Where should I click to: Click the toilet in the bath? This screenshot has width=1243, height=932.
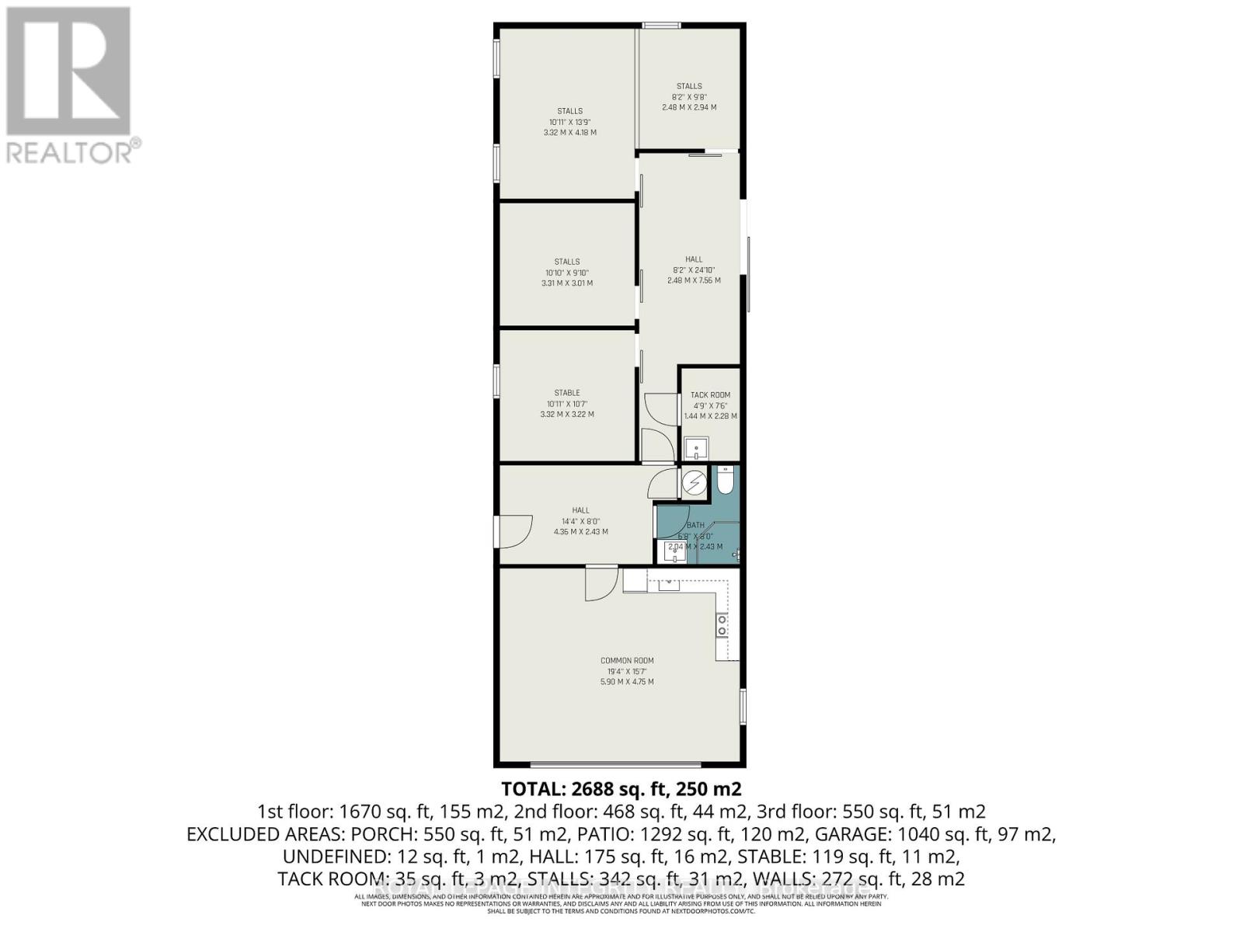723,481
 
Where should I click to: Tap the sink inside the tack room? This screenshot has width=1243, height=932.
695,448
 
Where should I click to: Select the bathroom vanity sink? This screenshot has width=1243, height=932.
672,551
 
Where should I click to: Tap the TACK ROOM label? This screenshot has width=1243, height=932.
710,395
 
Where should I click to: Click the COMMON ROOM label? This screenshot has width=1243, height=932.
627,661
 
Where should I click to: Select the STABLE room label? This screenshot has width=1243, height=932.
567,393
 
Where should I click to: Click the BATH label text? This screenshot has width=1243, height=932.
695,526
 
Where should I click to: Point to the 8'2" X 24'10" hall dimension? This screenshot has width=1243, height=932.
694,270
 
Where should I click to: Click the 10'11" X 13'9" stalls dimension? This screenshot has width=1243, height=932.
570,122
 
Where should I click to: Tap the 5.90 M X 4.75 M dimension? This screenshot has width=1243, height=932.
627,682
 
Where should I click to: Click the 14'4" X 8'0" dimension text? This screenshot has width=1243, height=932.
581,521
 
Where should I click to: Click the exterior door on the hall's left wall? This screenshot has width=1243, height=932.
514,531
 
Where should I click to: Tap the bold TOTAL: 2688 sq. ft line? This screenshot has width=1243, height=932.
621,789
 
